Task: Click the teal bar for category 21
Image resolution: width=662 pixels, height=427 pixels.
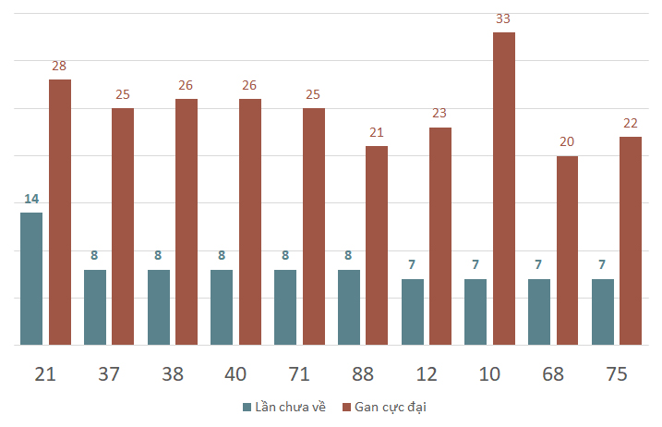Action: click(31, 278)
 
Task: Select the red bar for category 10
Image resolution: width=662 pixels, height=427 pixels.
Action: click(504, 189)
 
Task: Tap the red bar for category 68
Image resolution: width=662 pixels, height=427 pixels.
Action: click(567, 250)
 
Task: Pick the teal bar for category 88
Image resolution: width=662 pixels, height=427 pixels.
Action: click(349, 308)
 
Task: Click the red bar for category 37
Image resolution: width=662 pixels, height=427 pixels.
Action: click(123, 226)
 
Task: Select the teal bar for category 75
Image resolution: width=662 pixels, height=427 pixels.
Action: click(603, 312)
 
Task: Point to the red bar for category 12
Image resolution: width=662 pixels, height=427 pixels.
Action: click(440, 237)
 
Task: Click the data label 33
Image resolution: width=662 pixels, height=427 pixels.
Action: click(503, 18)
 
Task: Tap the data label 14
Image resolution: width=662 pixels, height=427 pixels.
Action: click(31, 199)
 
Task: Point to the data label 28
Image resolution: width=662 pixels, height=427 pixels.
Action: click(59, 66)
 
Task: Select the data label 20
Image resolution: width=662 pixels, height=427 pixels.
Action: click(567, 141)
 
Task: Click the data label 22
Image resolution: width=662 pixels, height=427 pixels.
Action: click(631, 123)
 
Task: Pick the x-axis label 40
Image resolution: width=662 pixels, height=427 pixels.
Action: click(235, 374)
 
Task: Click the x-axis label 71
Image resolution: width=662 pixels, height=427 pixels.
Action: click(299, 374)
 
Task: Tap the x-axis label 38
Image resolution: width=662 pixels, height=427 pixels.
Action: click(173, 374)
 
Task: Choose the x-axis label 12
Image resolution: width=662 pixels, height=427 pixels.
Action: click(426, 374)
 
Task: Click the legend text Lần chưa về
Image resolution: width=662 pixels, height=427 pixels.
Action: click(290, 408)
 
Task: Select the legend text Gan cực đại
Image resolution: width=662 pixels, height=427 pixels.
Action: click(391, 408)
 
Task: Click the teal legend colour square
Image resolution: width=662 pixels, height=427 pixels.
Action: click(247, 408)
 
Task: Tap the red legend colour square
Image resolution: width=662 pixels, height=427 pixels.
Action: click(346, 408)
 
